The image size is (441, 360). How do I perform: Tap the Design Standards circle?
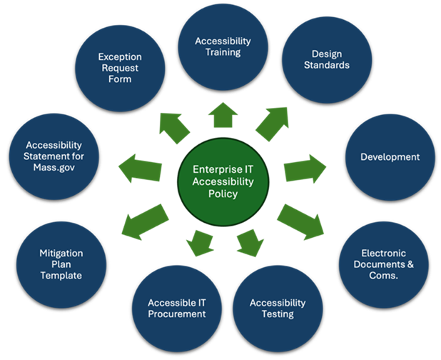tap(325, 60)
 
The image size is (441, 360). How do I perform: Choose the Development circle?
tap(389, 156)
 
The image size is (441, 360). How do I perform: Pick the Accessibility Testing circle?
tap(277, 308)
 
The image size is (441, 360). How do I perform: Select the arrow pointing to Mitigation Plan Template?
tap(146, 219)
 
